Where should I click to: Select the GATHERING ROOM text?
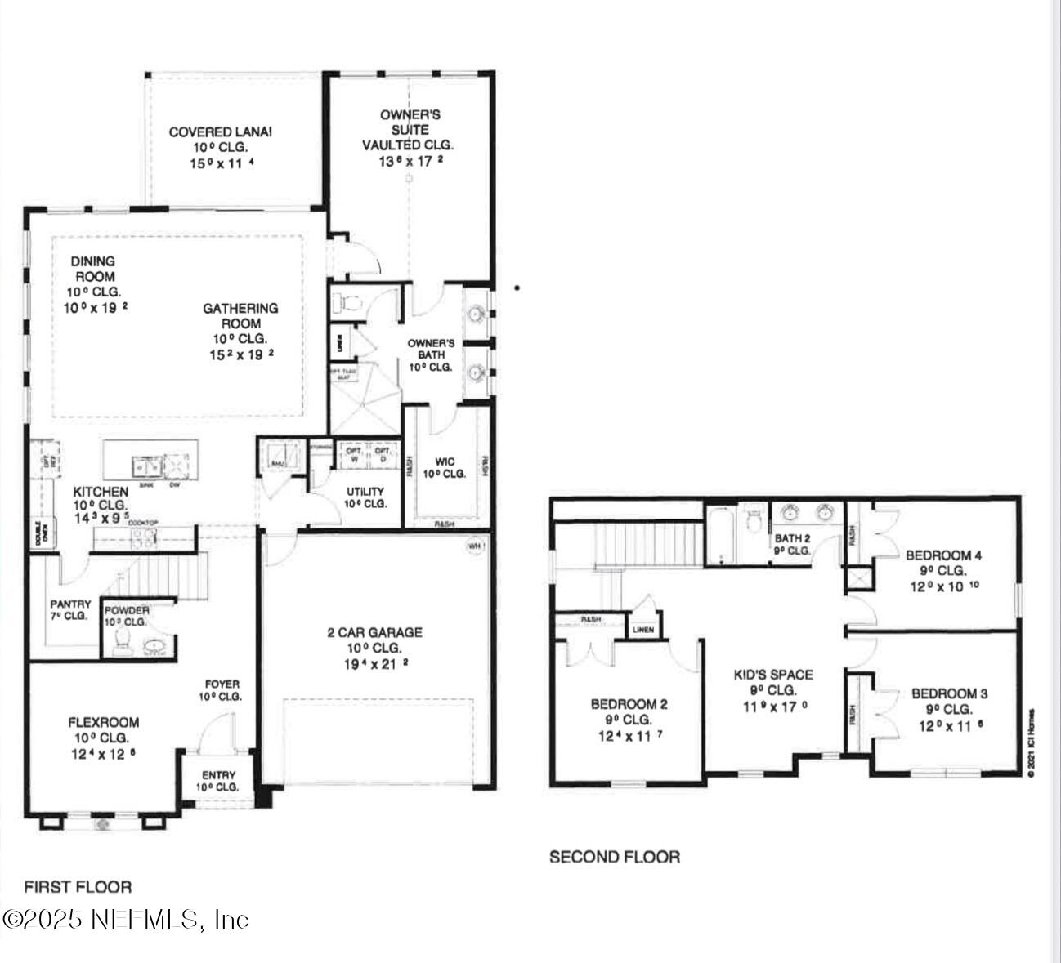tap(240, 315)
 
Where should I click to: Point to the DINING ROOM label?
tap(92, 269)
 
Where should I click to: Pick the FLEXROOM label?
tap(103, 722)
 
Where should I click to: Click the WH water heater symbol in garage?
tap(475, 545)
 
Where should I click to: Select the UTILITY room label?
tap(365, 492)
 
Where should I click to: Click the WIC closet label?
tap(445, 461)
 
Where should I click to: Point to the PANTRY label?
tap(70, 604)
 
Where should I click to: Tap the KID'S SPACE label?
tap(773, 675)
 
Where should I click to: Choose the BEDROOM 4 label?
tap(943, 555)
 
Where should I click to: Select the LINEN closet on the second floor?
tap(643, 630)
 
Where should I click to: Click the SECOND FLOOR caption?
tap(614, 857)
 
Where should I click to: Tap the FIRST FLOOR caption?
tap(78, 886)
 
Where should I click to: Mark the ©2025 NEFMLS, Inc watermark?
tap(125, 920)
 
